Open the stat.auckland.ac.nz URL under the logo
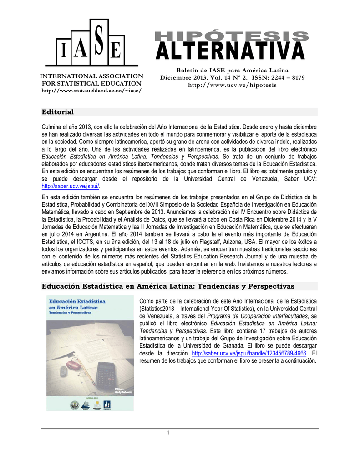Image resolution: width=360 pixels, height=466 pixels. [x=91, y=90]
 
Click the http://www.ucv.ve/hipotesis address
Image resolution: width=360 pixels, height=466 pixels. [x=232, y=85]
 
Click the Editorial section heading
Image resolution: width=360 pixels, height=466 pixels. [x=58, y=112]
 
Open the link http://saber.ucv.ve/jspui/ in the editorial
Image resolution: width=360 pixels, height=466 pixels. [x=71, y=187]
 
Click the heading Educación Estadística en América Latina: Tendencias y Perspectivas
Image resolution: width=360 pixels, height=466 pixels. [x=168, y=286]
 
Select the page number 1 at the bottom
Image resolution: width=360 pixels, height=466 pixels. [x=168, y=432]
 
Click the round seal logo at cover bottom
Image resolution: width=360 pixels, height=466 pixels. [x=75, y=405]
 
